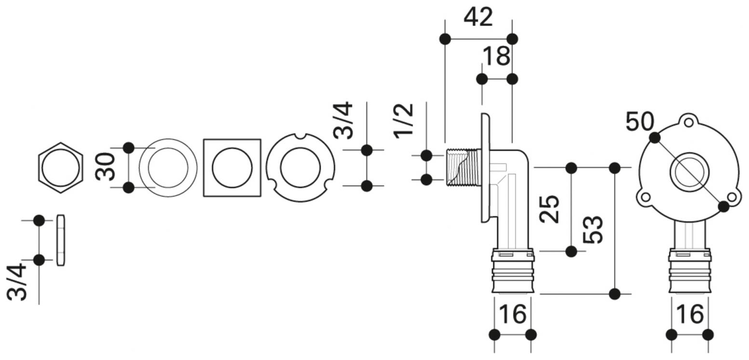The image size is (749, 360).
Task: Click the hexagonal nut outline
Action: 61,168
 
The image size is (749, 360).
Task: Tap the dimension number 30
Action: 105,167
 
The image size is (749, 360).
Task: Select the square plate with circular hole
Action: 232,168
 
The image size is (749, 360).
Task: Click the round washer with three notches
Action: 300,168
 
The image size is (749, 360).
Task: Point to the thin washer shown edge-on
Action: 61,240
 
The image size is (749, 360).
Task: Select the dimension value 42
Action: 478,18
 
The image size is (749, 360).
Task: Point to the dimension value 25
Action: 549,209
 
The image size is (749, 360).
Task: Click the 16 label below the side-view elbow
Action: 512,315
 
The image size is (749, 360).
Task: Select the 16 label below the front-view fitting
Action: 690,315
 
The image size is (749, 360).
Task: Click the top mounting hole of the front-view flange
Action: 689,122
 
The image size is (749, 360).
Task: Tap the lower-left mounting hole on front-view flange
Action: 646,197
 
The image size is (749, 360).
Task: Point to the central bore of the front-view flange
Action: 689,171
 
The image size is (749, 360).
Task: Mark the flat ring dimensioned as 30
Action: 168,168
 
